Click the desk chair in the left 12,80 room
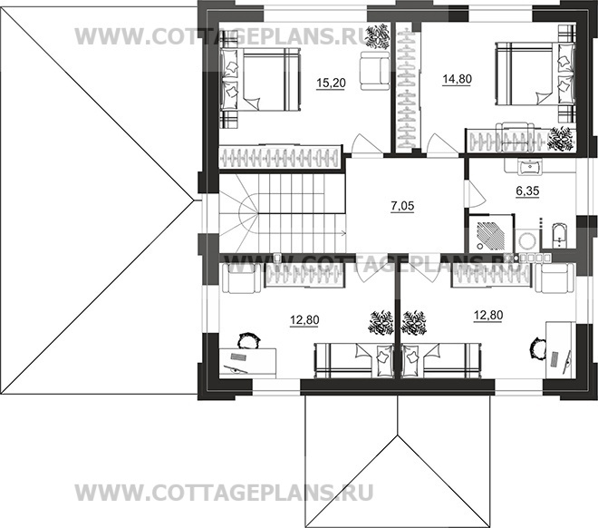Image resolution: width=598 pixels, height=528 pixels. [x=246, y=341]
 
